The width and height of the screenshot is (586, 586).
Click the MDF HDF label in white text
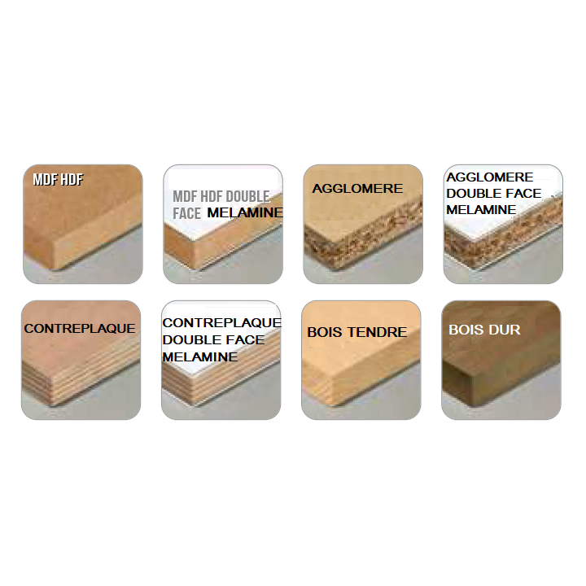(58, 180)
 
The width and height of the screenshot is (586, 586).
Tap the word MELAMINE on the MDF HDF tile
(245, 212)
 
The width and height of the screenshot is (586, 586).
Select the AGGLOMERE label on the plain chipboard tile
(357, 188)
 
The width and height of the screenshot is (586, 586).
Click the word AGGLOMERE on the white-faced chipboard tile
(490, 177)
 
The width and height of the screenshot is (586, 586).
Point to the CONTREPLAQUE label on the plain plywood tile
(80, 329)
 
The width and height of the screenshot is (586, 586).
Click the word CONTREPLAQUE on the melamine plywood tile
(222, 322)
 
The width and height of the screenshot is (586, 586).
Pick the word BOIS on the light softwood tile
(325, 332)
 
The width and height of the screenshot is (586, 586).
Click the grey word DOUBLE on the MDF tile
(247, 196)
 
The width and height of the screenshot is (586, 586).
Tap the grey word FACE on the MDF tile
(187, 213)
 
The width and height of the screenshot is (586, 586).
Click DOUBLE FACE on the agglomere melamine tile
(494, 193)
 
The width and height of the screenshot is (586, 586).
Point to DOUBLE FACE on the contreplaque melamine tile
(213, 339)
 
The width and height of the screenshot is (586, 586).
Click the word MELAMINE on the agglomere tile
(481, 210)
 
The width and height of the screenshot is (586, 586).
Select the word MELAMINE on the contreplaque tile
(200, 357)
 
